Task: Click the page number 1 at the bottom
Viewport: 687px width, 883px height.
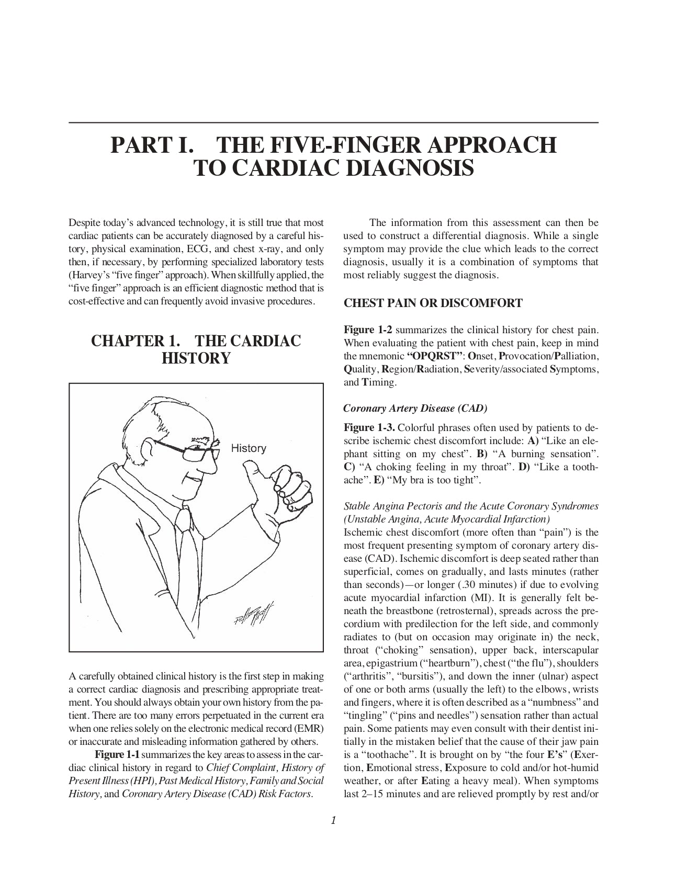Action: point(333,820)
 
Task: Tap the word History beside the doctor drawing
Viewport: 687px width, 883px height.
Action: point(249,448)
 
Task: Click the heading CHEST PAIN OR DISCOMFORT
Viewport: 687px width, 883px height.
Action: point(433,303)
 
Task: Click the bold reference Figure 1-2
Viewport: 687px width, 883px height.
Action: point(368,331)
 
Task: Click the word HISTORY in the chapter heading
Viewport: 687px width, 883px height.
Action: point(196,359)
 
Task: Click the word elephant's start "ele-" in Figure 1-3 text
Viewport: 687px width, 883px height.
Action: point(585,441)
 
